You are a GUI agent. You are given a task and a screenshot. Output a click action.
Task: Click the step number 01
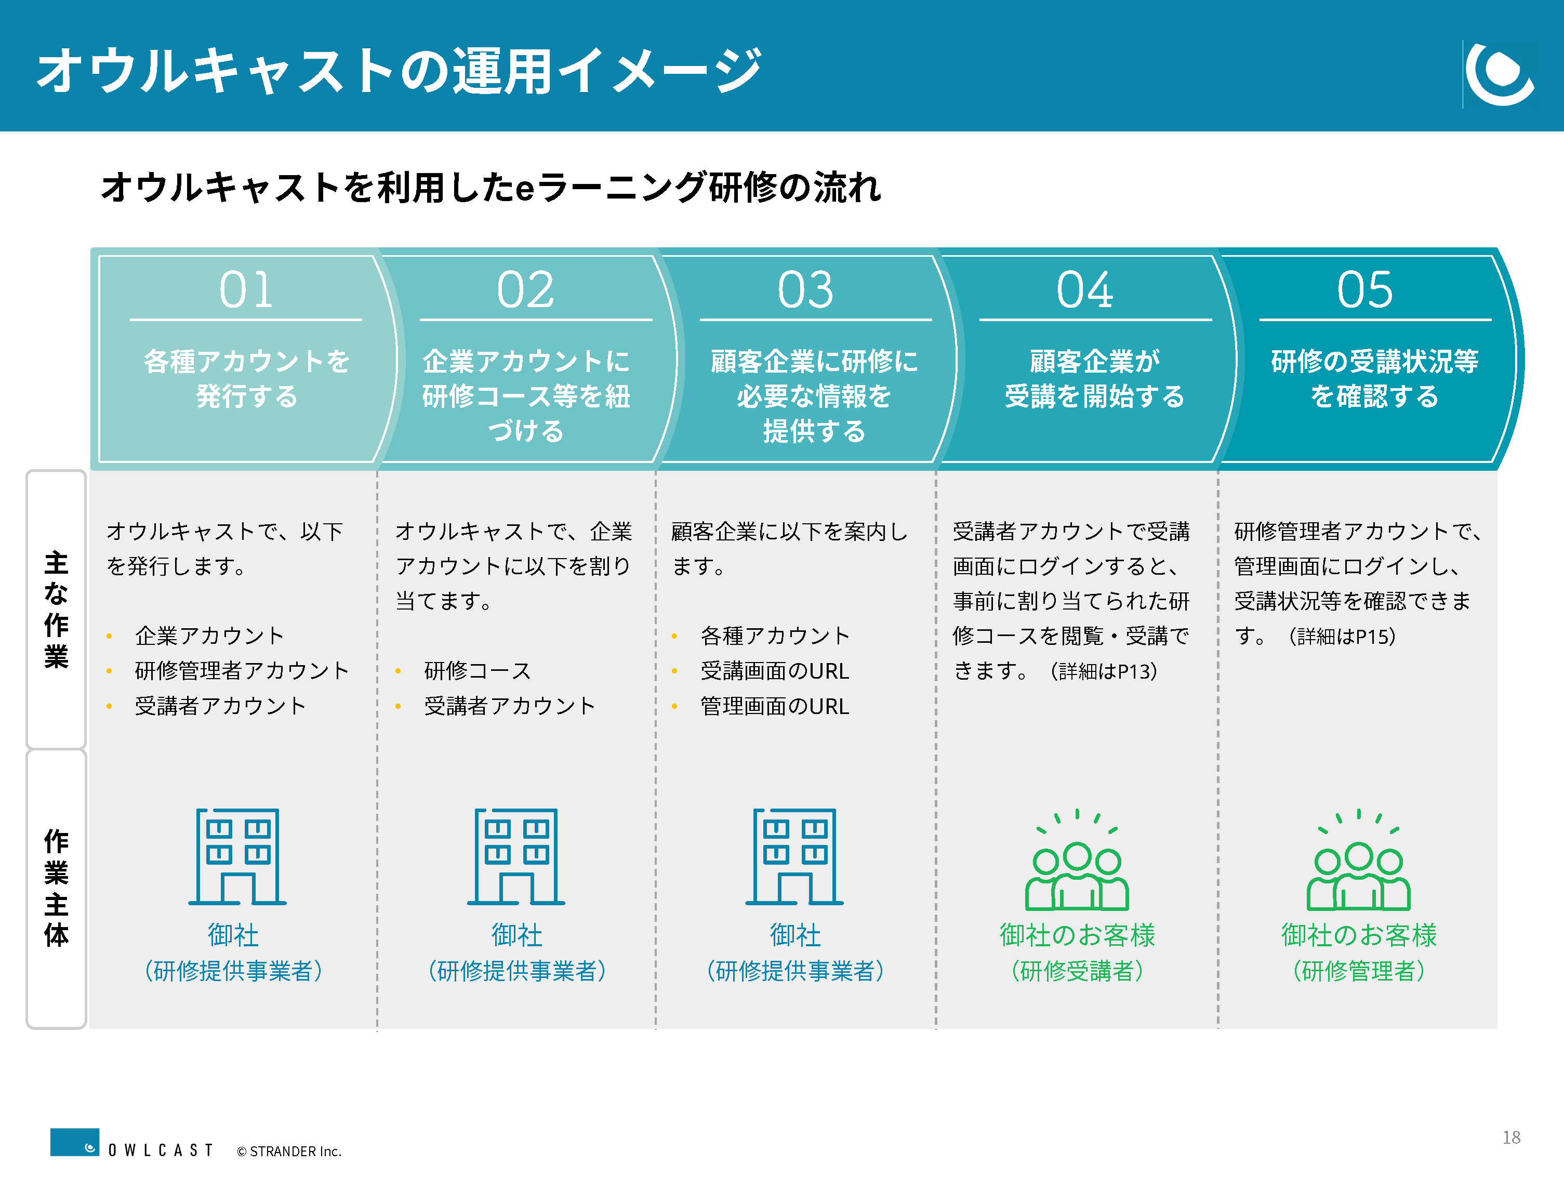click(245, 290)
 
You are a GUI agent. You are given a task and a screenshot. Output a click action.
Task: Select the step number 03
click(805, 290)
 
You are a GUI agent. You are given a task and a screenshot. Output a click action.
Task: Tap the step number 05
click(1364, 290)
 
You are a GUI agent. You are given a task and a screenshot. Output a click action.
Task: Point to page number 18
click(1511, 1136)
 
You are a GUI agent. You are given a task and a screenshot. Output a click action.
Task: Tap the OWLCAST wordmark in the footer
click(160, 1150)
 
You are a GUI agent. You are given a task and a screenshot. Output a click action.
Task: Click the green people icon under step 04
click(1077, 859)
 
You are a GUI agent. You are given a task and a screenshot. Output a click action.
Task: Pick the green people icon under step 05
click(1358, 859)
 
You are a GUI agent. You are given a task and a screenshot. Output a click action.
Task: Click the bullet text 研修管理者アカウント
click(242, 670)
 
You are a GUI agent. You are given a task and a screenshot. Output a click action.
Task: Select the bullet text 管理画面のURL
click(774, 706)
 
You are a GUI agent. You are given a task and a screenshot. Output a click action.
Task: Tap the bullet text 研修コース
click(478, 670)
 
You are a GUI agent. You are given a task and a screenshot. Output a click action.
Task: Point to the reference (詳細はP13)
click(1103, 670)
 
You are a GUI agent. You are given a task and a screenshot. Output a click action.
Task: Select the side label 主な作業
click(56, 610)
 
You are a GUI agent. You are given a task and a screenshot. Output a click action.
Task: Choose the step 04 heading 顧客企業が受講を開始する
click(1094, 378)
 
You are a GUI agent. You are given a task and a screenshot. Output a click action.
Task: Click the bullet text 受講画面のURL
click(774, 670)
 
